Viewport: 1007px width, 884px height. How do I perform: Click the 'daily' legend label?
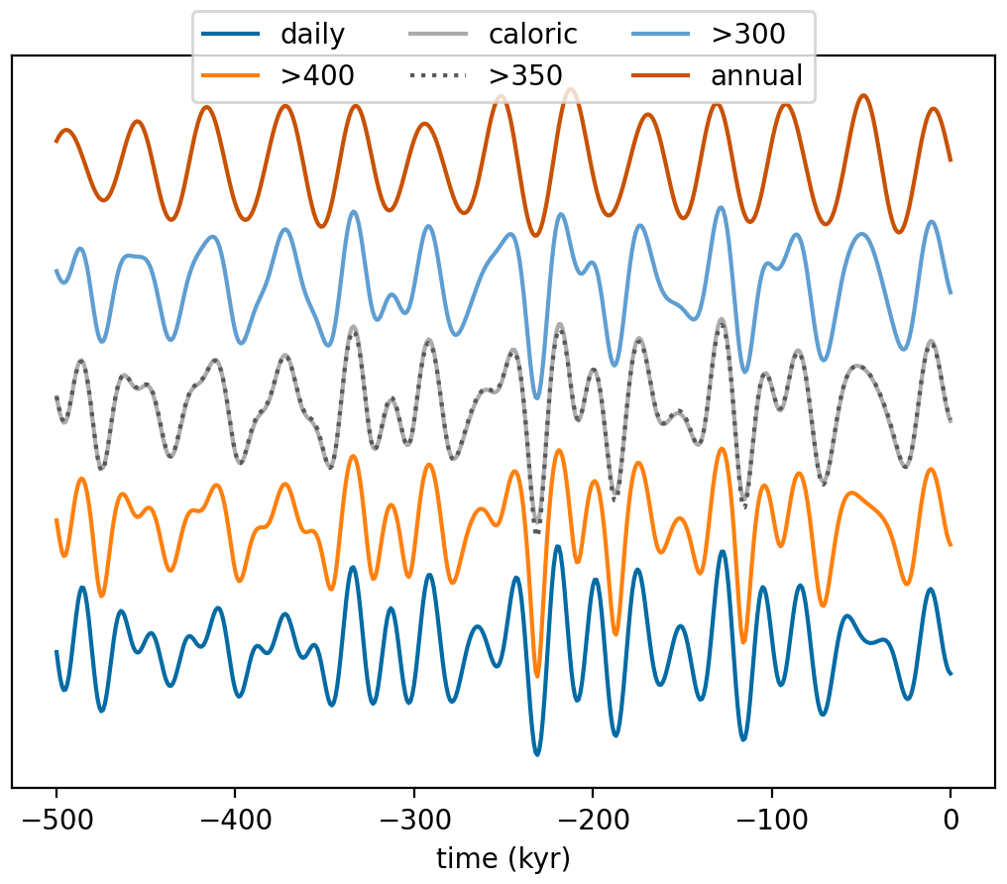(x=312, y=35)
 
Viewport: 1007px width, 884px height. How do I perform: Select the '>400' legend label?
(x=317, y=75)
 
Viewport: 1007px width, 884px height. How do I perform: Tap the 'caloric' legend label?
(x=532, y=35)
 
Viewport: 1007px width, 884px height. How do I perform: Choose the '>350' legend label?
(x=525, y=75)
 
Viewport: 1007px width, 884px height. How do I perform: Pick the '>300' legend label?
(x=747, y=35)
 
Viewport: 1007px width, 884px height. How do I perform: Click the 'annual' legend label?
(x=756, y=75)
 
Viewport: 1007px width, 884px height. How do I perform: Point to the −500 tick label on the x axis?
(x=56, y=820)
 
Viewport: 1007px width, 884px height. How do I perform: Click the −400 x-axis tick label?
(x=235, y=820)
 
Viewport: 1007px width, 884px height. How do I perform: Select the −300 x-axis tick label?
(x=413, y=820)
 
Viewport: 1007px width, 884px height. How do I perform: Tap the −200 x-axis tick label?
(x=593, y=820)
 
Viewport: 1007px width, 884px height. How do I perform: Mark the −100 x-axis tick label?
(x=771, y=820)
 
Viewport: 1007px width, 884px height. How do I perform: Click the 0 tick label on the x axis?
(x=951, y=820)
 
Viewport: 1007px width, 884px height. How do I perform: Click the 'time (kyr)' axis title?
(x=503, y=857)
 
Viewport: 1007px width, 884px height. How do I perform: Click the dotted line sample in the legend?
(x=436, y=75)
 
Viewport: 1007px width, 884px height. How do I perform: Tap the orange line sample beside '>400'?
(x=230, y=75)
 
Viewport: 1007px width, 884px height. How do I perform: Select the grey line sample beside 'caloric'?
(x=436, y=35)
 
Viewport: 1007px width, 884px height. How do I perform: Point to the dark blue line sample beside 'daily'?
(x=230, y=35)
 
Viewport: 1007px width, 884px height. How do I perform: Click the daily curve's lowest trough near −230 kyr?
(x=537, y=754)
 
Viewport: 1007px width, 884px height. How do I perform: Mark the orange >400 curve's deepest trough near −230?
(x=537, y=675)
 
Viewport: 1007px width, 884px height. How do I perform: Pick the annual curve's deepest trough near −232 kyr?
(x=535, y=236)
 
